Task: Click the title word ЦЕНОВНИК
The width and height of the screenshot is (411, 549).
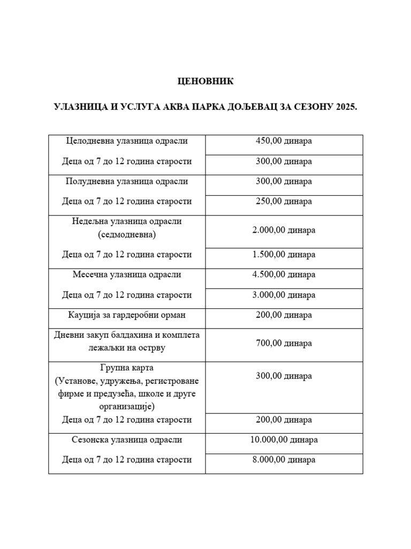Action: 205,81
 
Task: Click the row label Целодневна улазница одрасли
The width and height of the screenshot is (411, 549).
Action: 127,141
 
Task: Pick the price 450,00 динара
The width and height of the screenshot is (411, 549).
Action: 284,141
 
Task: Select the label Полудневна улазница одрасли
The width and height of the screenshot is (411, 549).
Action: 127,181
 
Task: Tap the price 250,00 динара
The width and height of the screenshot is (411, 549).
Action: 284,202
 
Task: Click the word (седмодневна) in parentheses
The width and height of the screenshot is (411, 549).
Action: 127,234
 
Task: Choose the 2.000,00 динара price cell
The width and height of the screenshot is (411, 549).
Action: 284,230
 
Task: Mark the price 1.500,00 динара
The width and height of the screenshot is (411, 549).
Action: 284,255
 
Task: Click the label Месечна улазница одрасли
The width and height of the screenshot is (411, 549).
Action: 127,274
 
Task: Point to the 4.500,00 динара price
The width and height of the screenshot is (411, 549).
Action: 284,274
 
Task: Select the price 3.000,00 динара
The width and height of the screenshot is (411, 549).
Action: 284,295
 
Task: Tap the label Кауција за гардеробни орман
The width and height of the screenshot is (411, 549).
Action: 127,315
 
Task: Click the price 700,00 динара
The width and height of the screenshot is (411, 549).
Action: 284,343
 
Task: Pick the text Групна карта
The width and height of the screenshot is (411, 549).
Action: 127,368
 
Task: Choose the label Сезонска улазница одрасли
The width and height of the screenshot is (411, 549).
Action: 127,440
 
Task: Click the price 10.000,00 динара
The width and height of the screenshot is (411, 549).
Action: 284,440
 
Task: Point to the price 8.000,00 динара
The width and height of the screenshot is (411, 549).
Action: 284,459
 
